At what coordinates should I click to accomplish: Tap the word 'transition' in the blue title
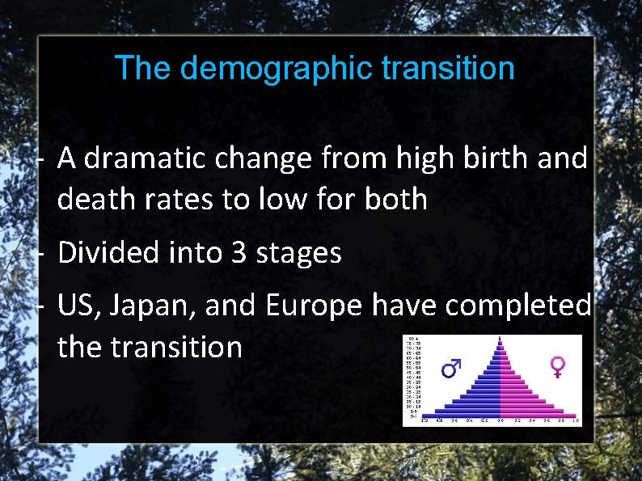448,69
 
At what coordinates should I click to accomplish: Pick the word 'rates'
175,198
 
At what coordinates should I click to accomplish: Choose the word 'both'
395,198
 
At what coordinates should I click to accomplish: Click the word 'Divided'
109,253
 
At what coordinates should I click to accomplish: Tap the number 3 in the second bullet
239,253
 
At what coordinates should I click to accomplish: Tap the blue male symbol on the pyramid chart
451,369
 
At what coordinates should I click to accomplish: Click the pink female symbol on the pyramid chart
558,367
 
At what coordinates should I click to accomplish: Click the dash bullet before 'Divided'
40,254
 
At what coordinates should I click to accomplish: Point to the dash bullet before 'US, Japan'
40,306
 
